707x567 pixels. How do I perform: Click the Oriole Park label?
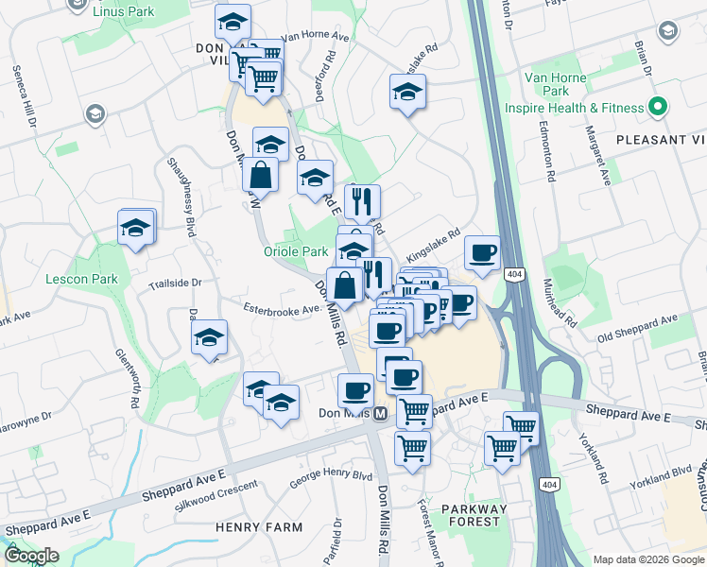295,252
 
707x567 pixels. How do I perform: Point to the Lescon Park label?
81,279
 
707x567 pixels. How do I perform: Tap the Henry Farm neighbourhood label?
249,525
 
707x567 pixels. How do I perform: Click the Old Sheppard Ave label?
637,328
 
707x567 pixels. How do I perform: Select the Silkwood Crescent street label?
216,497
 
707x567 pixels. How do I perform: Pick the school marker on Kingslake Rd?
407,92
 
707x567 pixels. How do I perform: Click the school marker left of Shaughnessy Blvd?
136,228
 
